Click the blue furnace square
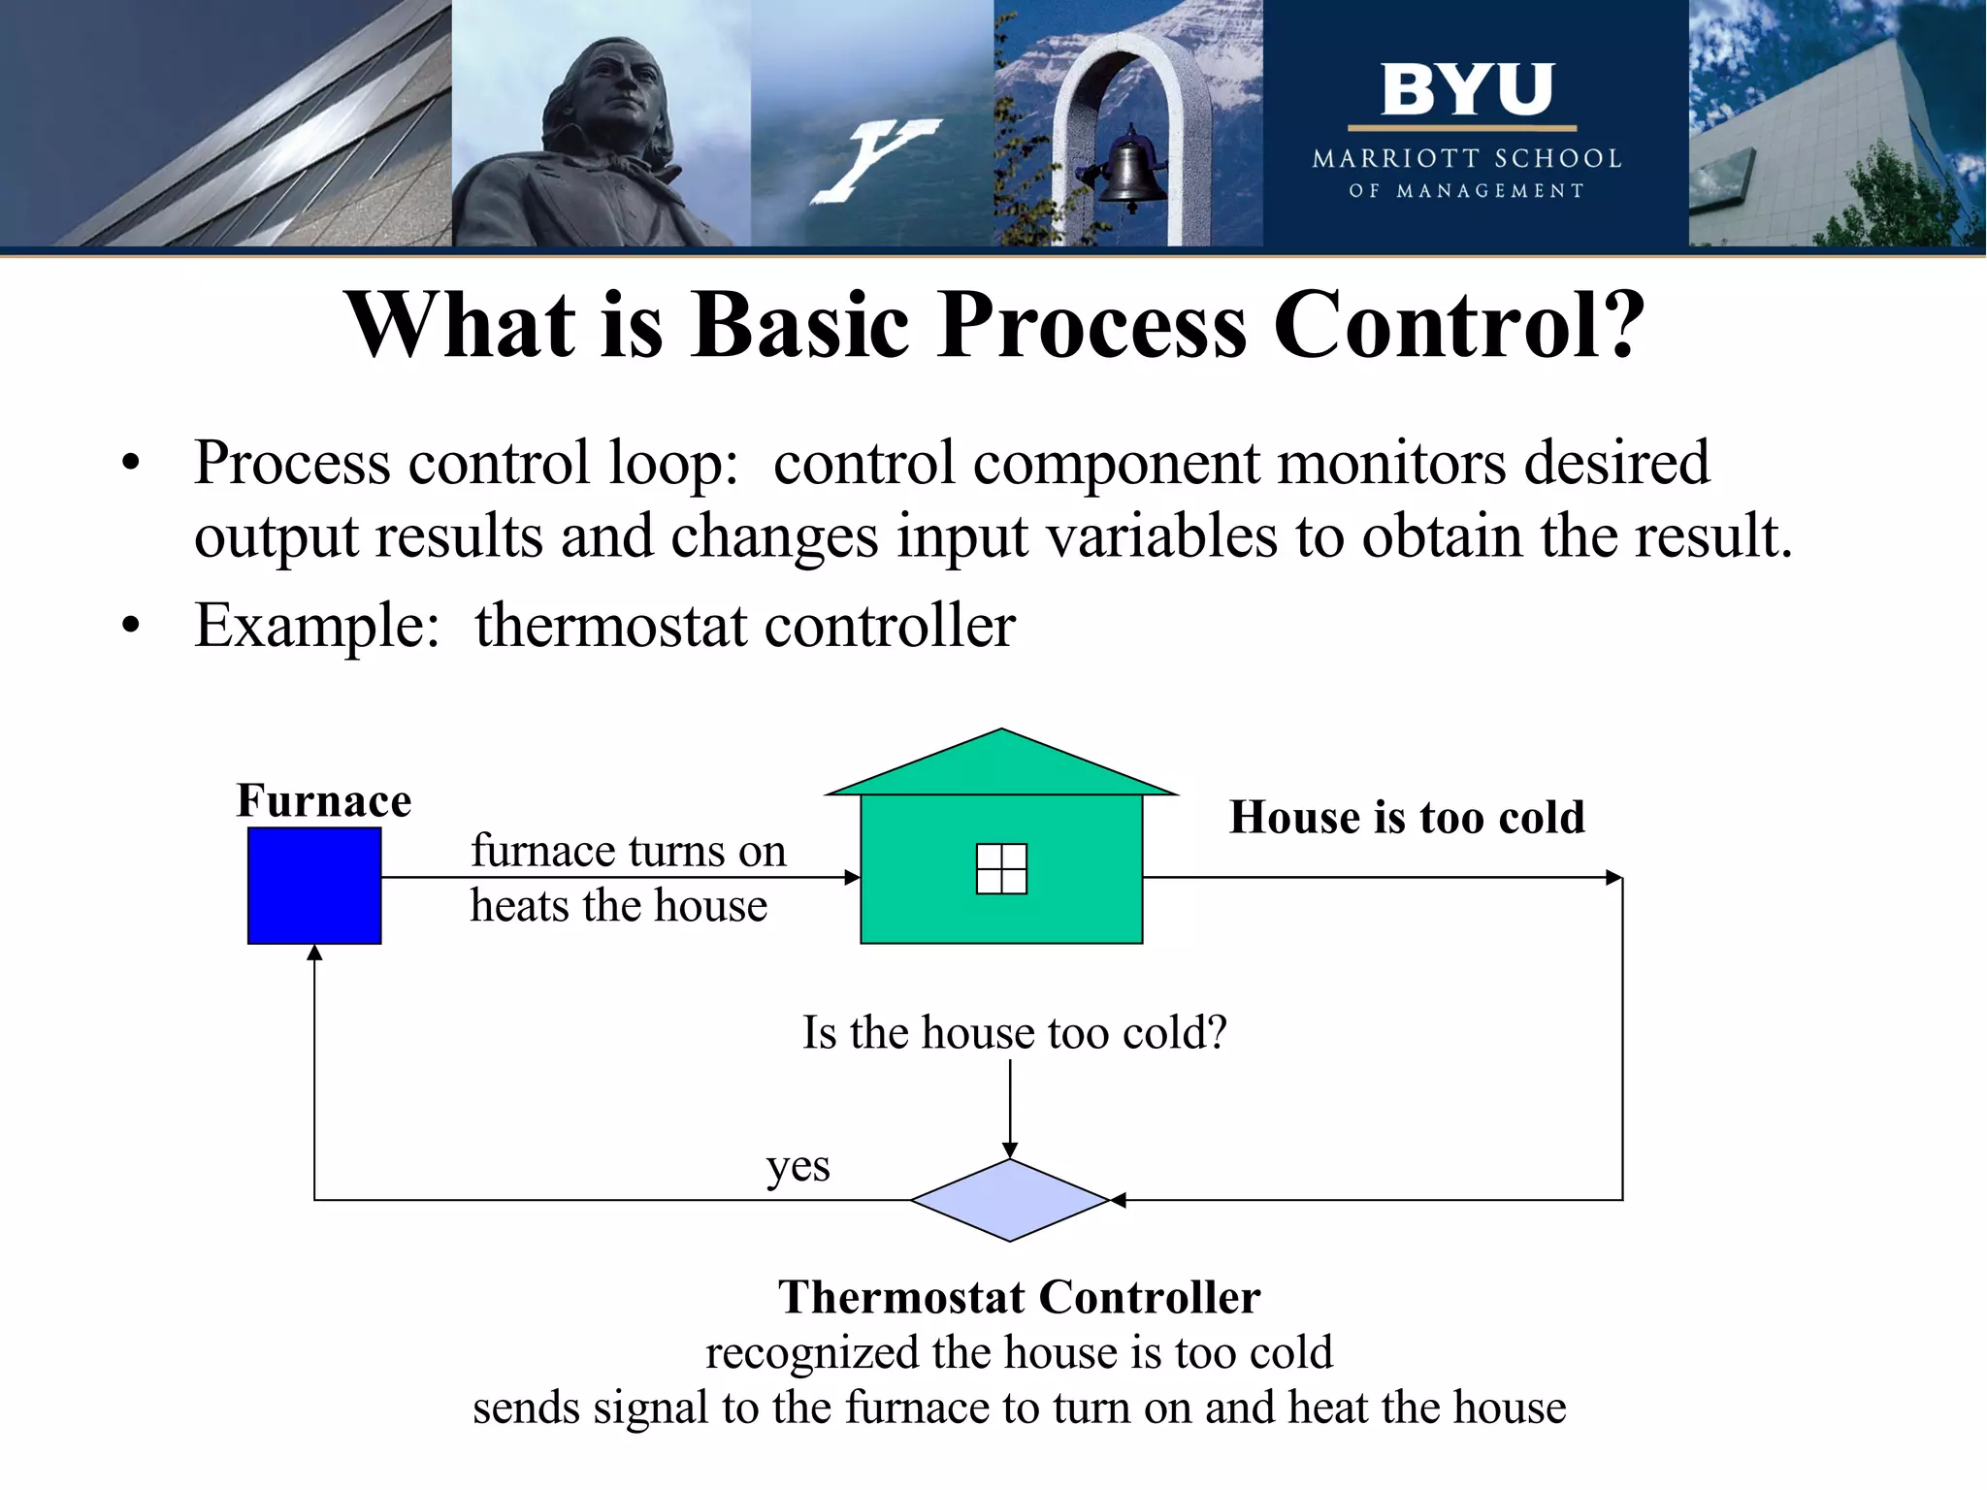[x=314, y=885]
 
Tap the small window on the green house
[x=1001, y=868]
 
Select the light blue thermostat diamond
[x=1009, y=1200]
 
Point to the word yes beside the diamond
[x=798, y=1167]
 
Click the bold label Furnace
[x=324, y=801]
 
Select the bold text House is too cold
[x=1407, y=817]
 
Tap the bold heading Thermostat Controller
[x=1019, y=1297]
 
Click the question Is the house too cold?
[x=1014, y=1032]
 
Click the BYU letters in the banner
[x=1467, y=89]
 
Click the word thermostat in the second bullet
[x=609, y=625]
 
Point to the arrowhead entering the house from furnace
[x=853, y=878]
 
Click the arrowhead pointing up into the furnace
[x=314, y=953]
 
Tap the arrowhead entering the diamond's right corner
[x=1118, y=1200]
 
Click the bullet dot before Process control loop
[x=131, y=463]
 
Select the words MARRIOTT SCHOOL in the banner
[x=1467, y=158]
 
